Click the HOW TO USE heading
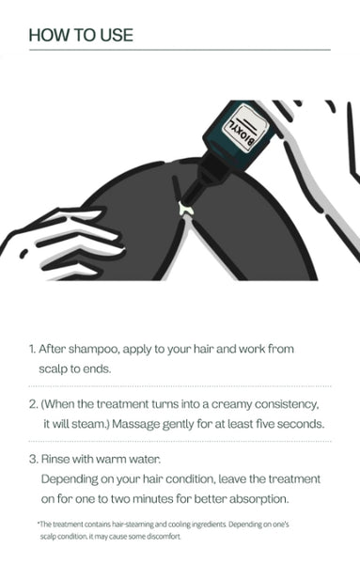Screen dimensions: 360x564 coord(81,35)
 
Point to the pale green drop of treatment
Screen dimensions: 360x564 coord(185,209)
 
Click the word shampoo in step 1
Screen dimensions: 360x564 coord(93,350)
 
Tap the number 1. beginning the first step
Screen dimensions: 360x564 coord(32,349)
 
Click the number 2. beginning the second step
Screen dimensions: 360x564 coord(34,404)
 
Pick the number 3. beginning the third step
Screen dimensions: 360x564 coord(34,460)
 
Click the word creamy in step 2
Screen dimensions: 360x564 coord(231,404)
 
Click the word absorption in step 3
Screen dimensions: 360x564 coord(258,499)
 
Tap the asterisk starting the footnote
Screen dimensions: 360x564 coord(39,523)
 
